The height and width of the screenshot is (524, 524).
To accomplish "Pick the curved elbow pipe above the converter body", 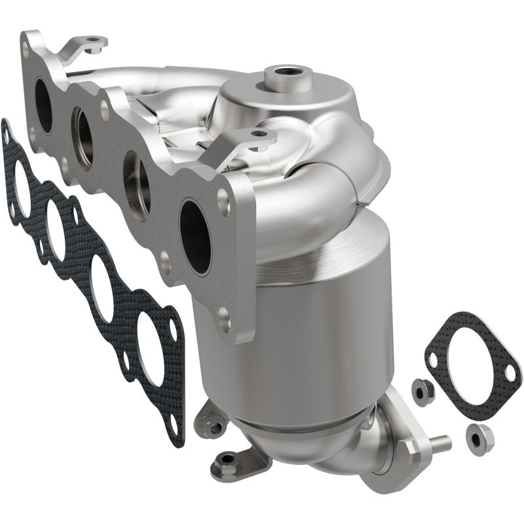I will (x=308, y=196).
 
